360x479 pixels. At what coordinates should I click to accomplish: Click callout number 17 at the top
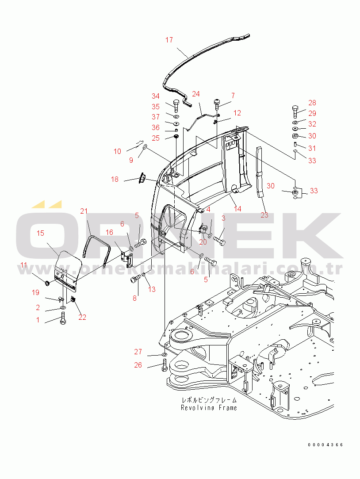click(x=169, y=40)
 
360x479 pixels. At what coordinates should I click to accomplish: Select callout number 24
click(x=195, y=94)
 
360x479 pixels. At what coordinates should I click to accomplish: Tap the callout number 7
click(x=233, y=96)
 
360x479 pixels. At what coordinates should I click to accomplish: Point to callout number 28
click(x=312, y=103)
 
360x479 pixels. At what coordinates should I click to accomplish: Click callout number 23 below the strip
click(x=264, y=215)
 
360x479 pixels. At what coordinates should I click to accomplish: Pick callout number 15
click(x=40, y=233)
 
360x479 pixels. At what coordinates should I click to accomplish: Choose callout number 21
click(x=84, y=211)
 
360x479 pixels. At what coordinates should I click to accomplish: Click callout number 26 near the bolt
click(x=138, y=365)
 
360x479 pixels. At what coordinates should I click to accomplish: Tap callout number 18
click(x=115, y=180)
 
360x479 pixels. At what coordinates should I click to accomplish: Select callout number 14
click(x=237, y=209)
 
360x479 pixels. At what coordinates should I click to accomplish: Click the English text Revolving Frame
click(x=209, y=407)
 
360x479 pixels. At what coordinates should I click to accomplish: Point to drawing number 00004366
click(x=326, y=445)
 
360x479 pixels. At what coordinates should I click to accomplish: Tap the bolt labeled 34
click(x=176, y=106)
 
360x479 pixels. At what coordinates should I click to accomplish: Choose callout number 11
click(x=23, y=265)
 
